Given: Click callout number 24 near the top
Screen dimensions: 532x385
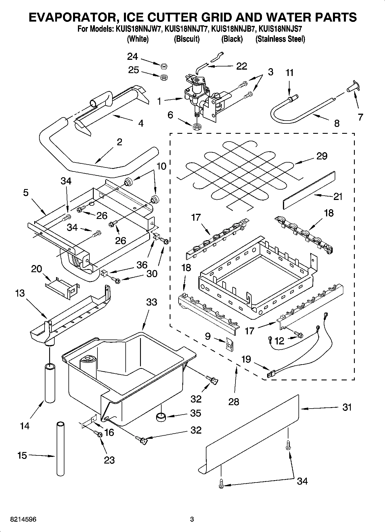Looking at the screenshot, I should [x=133, y=56].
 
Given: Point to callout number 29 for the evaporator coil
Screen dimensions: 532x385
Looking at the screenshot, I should [x=322, y=156].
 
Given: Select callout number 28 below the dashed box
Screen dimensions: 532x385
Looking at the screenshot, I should [x=233, y=401].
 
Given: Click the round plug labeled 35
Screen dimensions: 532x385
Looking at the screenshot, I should [x=161, y=416].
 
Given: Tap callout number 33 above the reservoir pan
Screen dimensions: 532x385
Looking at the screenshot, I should [x=152, y=302].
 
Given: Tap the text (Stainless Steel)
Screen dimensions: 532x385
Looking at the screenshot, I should [x=280, y=39].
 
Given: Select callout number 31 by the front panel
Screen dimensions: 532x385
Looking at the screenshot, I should [x=347, y=407].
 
